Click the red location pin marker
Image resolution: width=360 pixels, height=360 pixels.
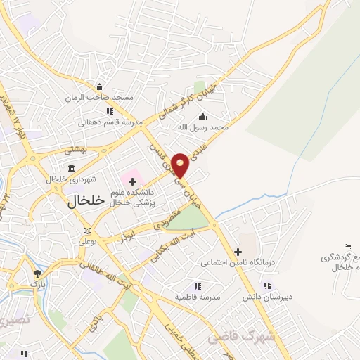click(x=181, y=164)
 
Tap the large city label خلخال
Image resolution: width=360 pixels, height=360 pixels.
click(x=86, y=200)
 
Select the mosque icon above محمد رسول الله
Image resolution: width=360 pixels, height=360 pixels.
click(x=204, y=116)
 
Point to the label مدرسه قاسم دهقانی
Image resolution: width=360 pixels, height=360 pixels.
click(x=110, y=122)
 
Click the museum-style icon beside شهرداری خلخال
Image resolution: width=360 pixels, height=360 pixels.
click(x=71, y=168)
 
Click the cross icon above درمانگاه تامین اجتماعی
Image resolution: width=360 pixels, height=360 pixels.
click(x=238, y=252)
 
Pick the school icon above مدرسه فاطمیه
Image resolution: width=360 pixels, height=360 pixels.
click(x=198, y=286)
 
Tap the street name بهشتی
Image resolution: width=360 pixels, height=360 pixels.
click(x=74, y=150)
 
